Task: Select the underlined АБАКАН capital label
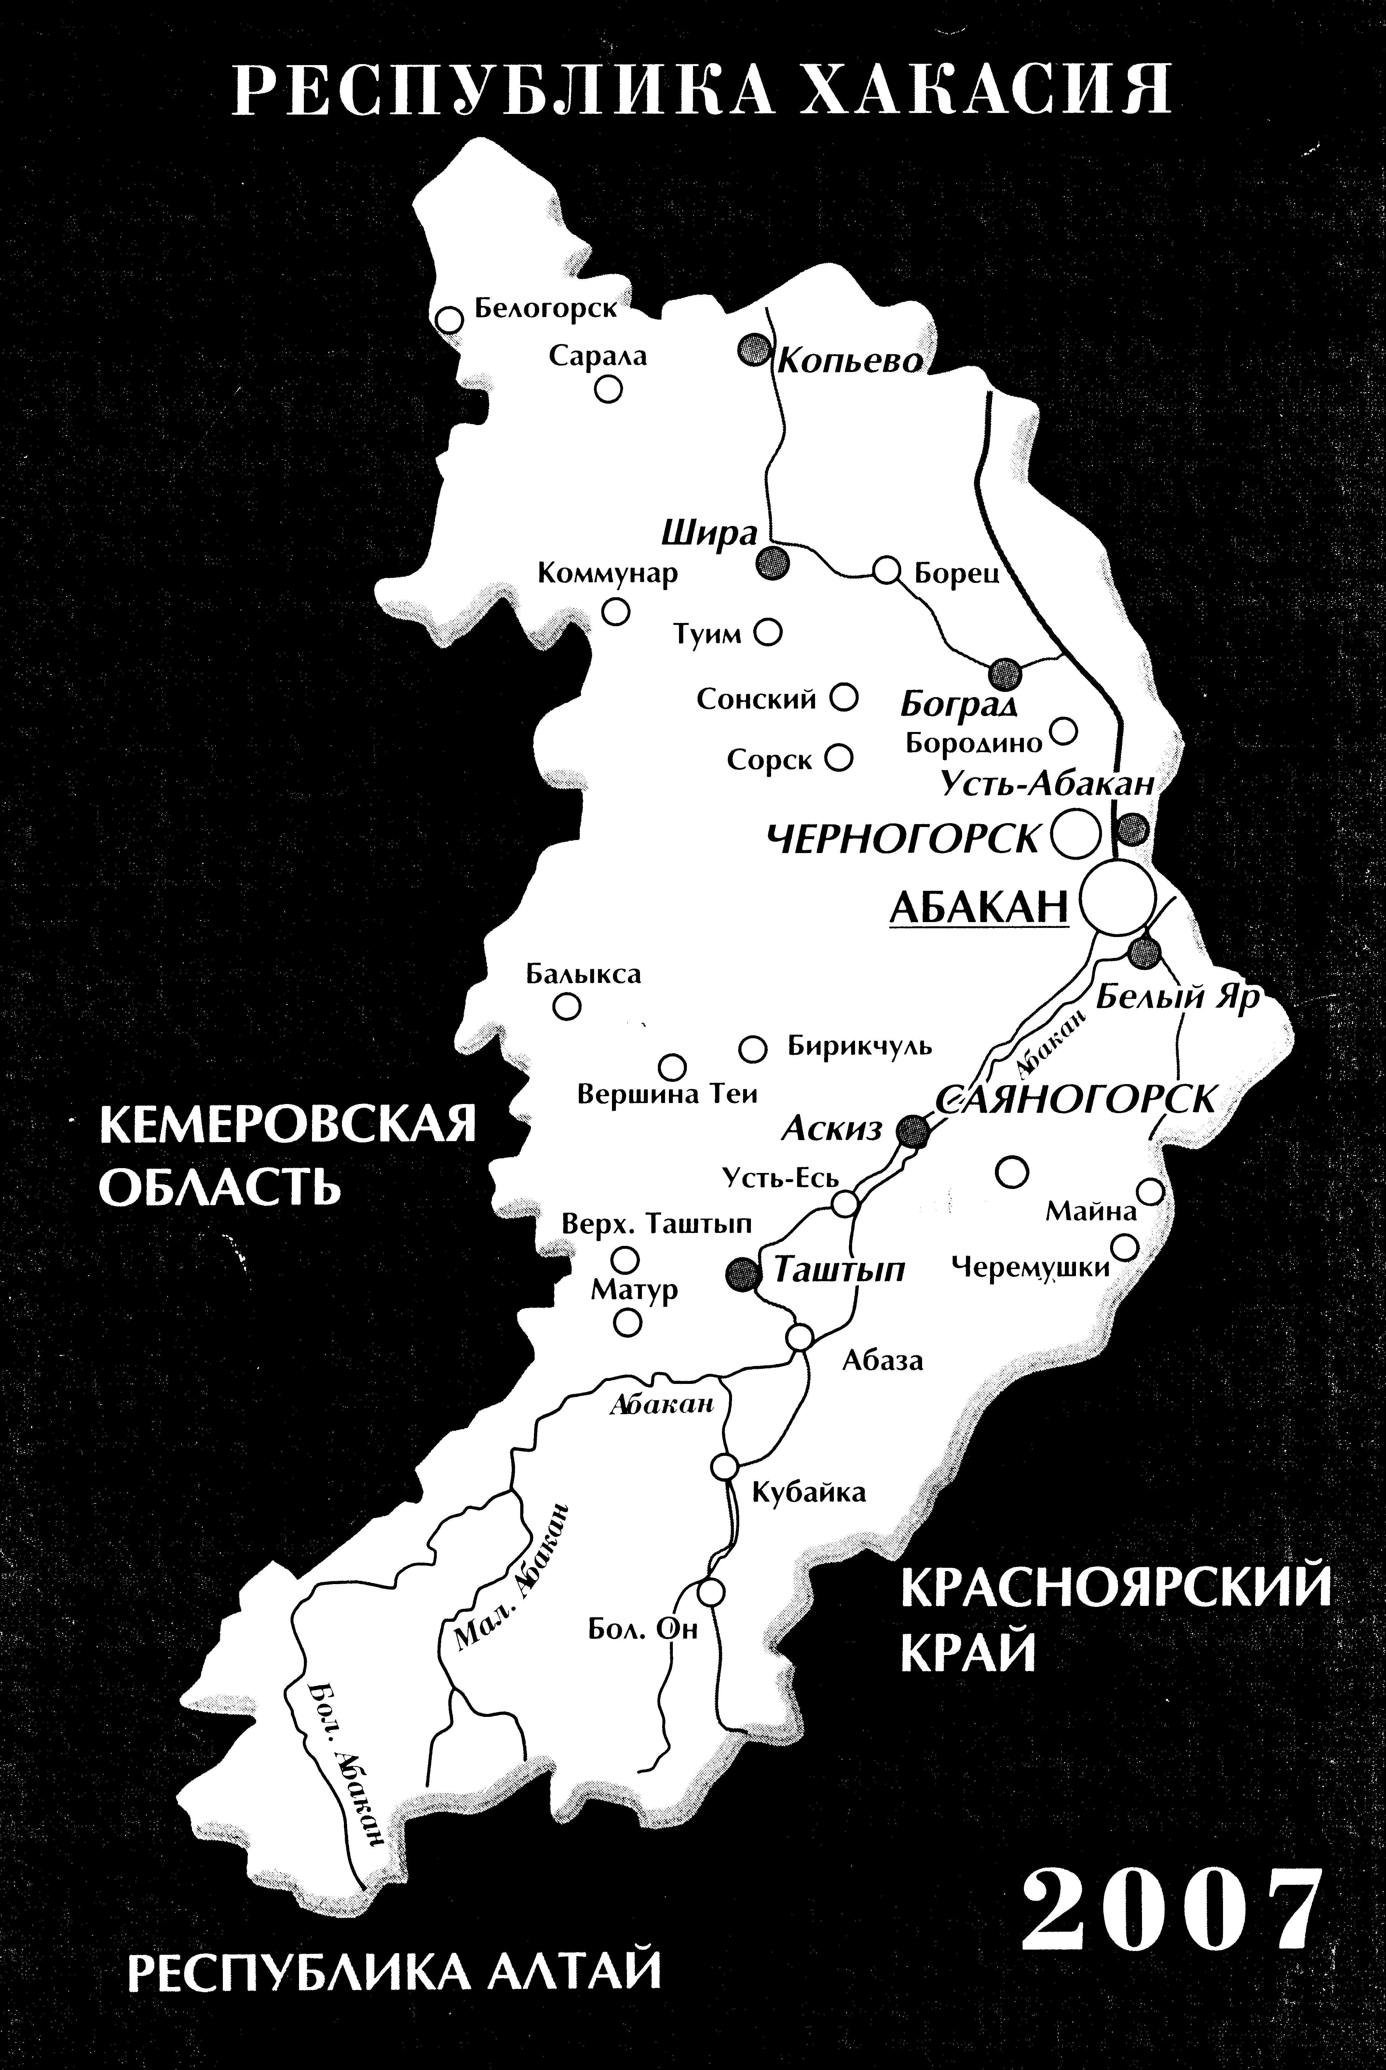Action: click(979, 906)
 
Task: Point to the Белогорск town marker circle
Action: click(450, 319)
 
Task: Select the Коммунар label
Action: click(607, 573)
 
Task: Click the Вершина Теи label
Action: click(667, 1094)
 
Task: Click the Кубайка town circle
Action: click(725, 1466)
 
